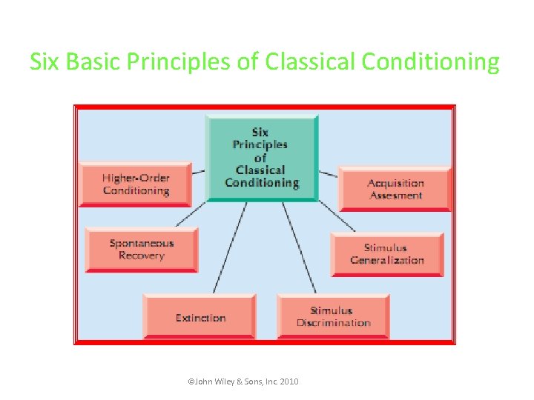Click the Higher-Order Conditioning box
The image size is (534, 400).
pos(135,184)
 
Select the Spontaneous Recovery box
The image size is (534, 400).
pos(141,249)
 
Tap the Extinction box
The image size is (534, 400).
pos(200,317)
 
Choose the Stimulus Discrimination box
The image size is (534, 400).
pos(333,316)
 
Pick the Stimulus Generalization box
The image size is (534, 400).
pos(386,254)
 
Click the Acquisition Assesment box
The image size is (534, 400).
pos(395,189)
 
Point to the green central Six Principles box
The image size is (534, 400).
pos(261,157)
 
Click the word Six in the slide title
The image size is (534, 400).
pos(45,61)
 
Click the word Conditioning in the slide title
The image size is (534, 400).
pos(431,61)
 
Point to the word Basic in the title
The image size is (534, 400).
pos(94,61)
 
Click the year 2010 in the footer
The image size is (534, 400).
pos(289,381)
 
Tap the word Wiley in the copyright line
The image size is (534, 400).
pos(224,381)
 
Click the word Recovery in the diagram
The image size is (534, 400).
pos(141,256)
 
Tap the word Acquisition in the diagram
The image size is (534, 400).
pos(396,183)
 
